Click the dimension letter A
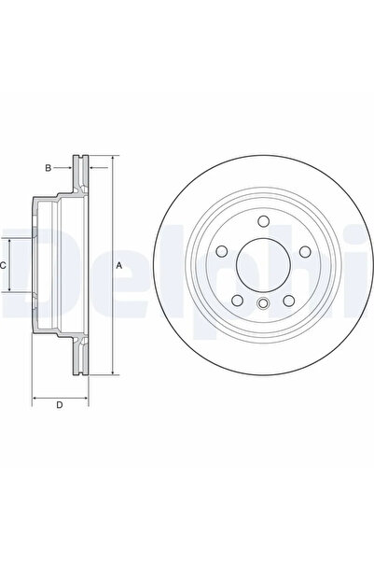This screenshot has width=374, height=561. pyautogui.click(x=119, y=265)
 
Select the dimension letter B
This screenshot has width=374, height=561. pyautogui.click(x=48, y=168)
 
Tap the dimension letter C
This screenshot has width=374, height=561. pyautogui.click(x=3, y=265)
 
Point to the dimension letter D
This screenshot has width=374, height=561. pyautogui.click(x=60, y=405)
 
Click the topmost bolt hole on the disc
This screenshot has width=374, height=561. pyautogui.click(x=264, y=221)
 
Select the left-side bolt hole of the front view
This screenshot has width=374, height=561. pyautogui.click(x=222, y=251)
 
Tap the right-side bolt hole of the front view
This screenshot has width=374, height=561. pyautogui.click(x=305, y=251)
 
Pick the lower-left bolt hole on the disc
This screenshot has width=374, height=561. pyautogui.click(x=238, y=301)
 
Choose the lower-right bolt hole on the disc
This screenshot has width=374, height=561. pyautogui.click(x=289, y=301)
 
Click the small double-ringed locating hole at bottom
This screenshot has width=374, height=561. pyautogui.click(x=263, y=303)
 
